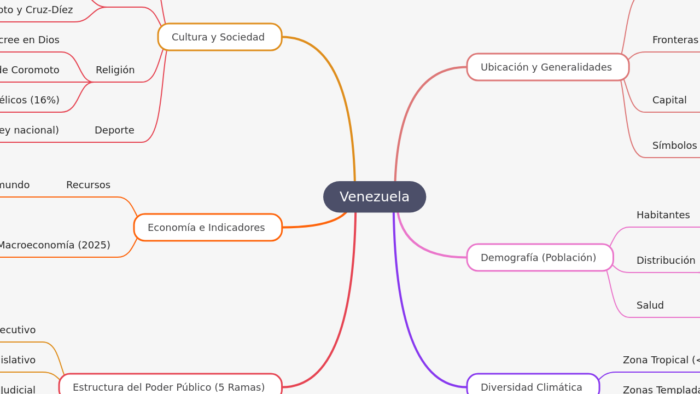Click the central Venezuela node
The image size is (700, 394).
coord(375,197)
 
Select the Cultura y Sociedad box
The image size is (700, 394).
coord(219,37)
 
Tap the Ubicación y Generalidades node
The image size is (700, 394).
coord(547,67)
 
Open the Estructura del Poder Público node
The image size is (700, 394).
coord(170,386)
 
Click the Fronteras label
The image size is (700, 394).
coord(675,40)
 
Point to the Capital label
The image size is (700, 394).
coord(669,100)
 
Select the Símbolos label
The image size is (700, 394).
coord(674,146)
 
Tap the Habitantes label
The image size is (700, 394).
coord(663,215)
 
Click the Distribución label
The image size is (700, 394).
coord(666,260)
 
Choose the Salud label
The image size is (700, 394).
coord(650,305)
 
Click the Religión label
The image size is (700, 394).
coord(115,70)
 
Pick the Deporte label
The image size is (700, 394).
coord(114,130)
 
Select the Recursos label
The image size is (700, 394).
coord(88,185)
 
